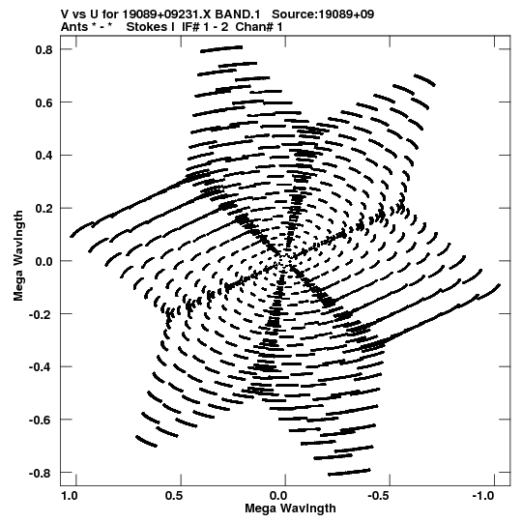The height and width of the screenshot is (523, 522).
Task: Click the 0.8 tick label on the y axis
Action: pos(44,49)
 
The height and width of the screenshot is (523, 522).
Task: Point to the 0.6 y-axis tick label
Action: pos(44,102)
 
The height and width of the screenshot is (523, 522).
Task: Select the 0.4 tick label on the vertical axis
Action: pos(44,156)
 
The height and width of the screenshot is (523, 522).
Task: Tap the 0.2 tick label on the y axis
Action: pos(44,209)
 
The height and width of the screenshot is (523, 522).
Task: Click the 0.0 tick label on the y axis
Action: pos(44,261)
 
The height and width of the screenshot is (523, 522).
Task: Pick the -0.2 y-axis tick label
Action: pos(41,314)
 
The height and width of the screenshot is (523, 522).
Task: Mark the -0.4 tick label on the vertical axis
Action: pos(41,367)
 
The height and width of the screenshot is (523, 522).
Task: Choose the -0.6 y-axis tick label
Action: pos(41,421)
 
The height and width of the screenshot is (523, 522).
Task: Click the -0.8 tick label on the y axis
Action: pos(41,474)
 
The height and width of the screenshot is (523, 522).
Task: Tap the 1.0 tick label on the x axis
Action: pos(70,496)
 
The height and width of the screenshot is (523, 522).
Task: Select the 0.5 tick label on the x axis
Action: pos(174,496)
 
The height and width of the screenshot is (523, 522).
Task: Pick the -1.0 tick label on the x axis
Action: pos(484,496)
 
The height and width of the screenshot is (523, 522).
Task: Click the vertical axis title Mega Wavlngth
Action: pos(18,256)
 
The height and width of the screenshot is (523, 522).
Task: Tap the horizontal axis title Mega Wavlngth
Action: pos(290,508)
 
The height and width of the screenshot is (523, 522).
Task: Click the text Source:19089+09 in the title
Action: pos(323,15)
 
